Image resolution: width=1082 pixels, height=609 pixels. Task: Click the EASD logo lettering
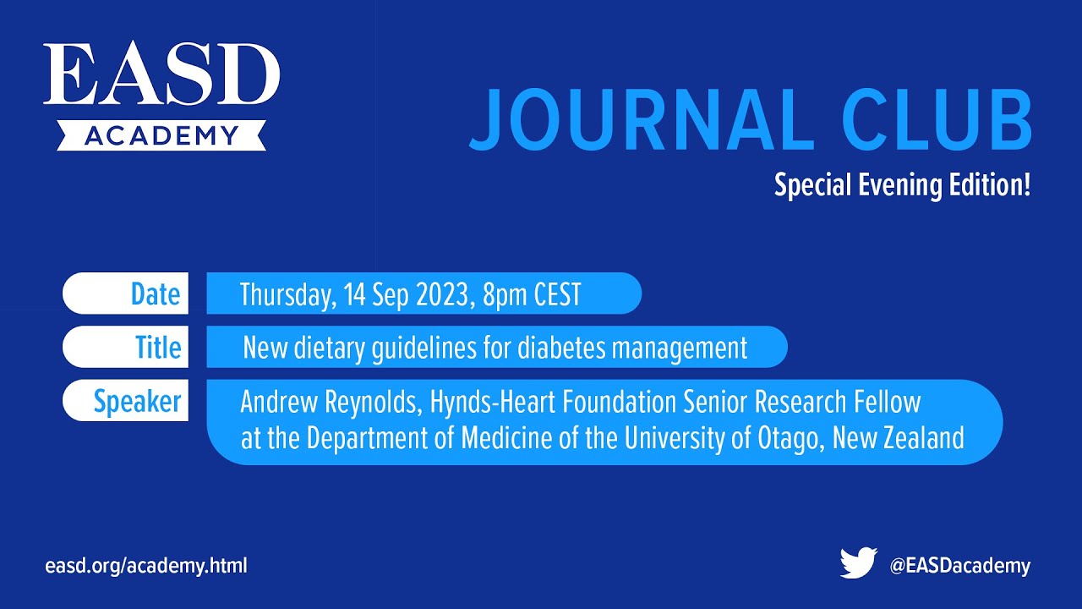pyautogui.click(x=161, y=73)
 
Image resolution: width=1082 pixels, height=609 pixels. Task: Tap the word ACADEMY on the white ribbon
pyautogui.click(x=161, y=135)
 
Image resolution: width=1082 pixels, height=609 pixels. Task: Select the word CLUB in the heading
pyautogui.click(x=937, y=120)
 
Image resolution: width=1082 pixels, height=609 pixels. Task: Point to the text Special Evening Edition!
pyautogui.click(x=902, y=185)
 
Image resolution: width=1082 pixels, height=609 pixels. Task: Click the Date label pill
pyautogui.click(x=125, y=294)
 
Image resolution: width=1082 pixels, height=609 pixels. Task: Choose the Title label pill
pyautogui.click(x=125, y=347)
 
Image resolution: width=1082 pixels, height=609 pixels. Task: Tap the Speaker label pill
pyautogui.click(x=125, y=401)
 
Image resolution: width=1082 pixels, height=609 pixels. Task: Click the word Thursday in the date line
pyautogui.click(x=288, y=294)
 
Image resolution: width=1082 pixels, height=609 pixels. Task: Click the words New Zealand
pyautogui.click(x=899, y=437)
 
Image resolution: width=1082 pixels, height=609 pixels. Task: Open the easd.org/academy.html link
pyautogui.click(x=146, y=566)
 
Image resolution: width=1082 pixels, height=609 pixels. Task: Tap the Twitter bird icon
pyautogui.click(x=858, y=562)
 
